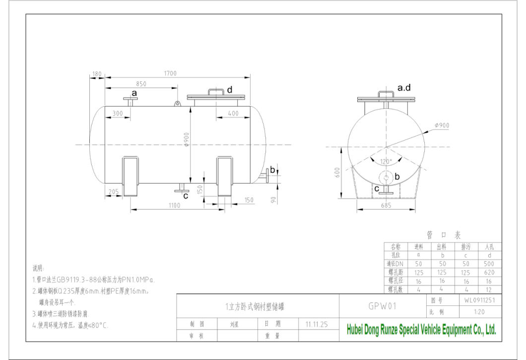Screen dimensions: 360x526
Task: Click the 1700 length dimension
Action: point(170,73)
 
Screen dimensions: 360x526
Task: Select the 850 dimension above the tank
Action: point(141,83)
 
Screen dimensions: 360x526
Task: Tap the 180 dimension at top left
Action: point(97,73)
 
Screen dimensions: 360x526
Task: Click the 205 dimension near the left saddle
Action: point(114,191)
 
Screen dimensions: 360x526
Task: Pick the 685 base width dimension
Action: point(386,205)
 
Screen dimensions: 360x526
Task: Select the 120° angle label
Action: point(386,161)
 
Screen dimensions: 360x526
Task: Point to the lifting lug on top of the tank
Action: point(177,103)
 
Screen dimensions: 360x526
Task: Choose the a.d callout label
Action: point(404,88)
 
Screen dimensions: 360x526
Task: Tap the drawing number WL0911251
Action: point(480,300)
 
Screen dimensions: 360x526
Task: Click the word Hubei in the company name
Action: point(354,330)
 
